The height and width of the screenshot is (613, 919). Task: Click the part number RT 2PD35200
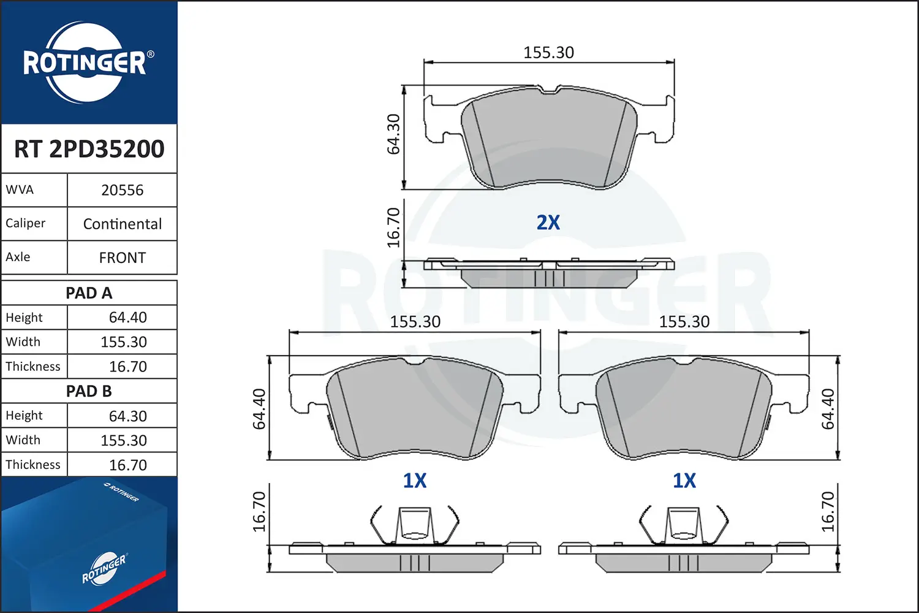pyautogui.click(x=89, y=148)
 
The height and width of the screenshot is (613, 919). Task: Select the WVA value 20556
pyautogui.click(x=123, y=190)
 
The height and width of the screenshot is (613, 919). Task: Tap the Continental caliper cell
pyautogui.click(x=123, y=224)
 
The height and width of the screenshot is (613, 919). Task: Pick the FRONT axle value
pyautogui.click(x=123, y=258)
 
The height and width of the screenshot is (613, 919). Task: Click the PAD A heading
pyautogui.click(x=89, y=293)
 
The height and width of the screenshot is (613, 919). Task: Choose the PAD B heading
pyautogui.click(x=89, y=391)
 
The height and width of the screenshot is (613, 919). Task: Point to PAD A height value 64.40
pyautogui.click(x=127, y=318)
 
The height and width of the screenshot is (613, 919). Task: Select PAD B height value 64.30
pyautogui.click(x=127, y=416)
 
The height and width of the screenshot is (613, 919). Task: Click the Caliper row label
pyautogui.click(x=26, y=223)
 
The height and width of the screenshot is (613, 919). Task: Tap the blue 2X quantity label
pyautogui.click(x=548, y=223)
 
